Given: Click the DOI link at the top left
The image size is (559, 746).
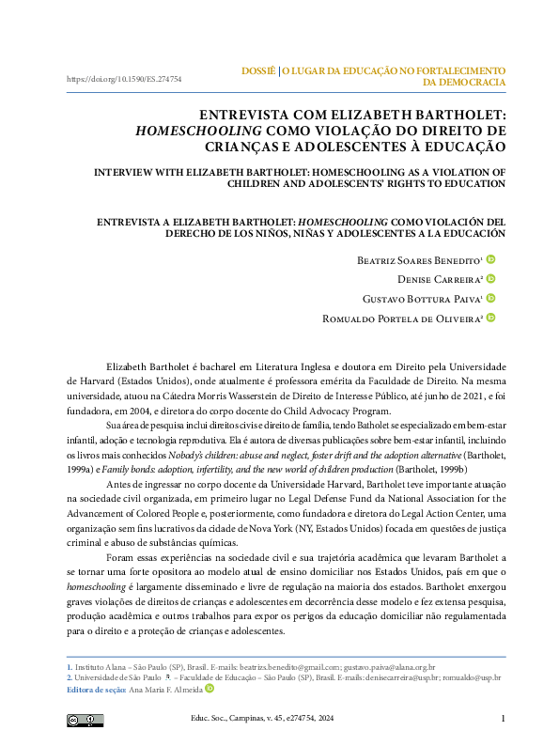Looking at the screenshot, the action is pos(123,80).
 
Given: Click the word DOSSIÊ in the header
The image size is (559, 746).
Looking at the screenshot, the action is pos(258,70).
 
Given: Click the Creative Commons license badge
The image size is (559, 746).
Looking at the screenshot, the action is pos(85,721).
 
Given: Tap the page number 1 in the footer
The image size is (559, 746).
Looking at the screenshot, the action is pos(504,720).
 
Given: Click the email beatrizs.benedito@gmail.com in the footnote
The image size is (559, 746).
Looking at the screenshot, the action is pos(282,665).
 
